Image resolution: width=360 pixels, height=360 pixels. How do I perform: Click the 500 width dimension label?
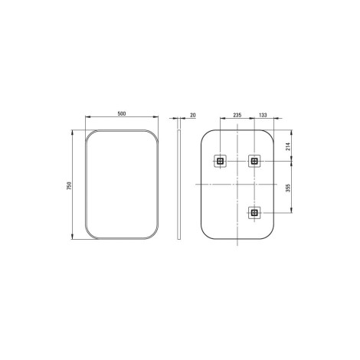click(122, 113)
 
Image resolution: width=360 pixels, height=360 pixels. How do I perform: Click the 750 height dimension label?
click(69, 185)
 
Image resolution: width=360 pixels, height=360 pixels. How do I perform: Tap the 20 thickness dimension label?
click(193, 115)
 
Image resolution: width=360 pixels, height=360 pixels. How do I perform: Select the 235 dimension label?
click(237, 115)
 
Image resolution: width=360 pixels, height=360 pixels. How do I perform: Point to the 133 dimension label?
click(263, 115)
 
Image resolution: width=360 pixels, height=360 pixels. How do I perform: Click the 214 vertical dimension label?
click(288, 146)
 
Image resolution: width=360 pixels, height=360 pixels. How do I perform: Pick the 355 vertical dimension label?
click(288, 188)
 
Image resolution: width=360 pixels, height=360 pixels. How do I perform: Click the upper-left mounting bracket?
click(221, 161)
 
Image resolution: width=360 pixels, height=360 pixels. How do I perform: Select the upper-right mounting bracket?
click(254, 161)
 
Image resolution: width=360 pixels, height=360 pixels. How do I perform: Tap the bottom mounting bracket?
click(254, 213)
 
